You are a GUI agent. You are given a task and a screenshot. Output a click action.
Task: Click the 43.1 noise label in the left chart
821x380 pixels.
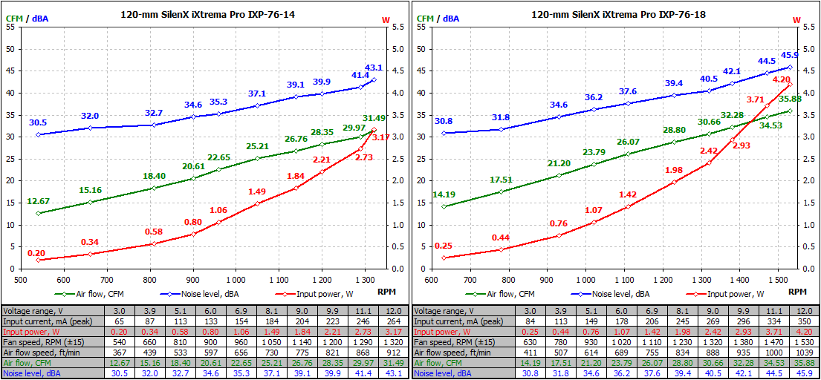coord(373,68)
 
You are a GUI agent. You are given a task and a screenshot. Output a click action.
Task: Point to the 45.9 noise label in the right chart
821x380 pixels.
coord(788,55)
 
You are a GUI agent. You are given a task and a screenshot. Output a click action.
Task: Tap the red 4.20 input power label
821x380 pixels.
coord(781,79)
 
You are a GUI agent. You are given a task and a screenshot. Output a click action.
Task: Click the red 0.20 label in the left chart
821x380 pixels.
coord(36,253)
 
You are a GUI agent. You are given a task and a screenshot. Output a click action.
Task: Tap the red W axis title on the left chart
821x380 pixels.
coord(385,19)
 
